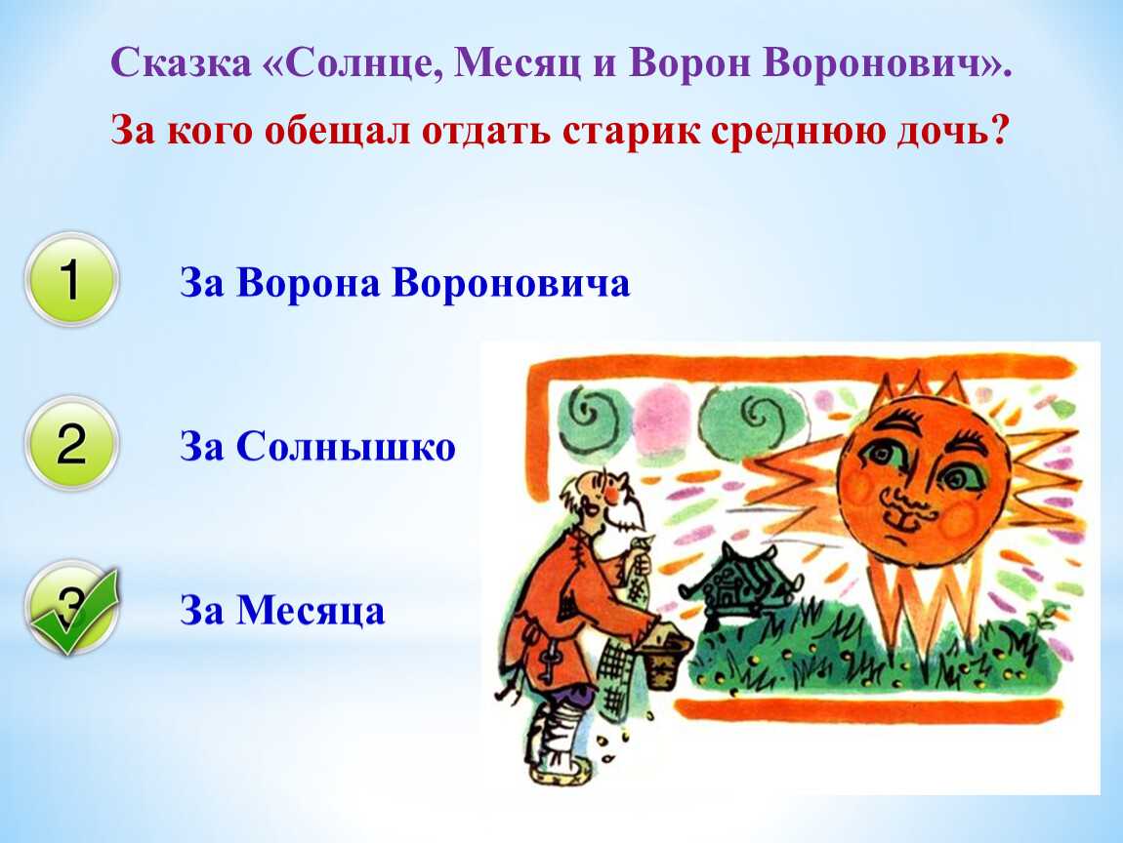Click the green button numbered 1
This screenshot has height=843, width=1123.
click(x=71, y=279)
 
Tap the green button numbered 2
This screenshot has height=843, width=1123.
click(x=71, y=443)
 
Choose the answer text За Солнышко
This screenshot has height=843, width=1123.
click(x=317, y=447)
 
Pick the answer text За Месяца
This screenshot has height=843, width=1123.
click(x=282, y=611)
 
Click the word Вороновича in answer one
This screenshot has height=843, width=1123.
click(x=512, y=282)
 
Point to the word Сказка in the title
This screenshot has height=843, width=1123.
click(x=182, y=62)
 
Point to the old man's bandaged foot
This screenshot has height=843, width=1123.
click(x=558, y=744)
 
